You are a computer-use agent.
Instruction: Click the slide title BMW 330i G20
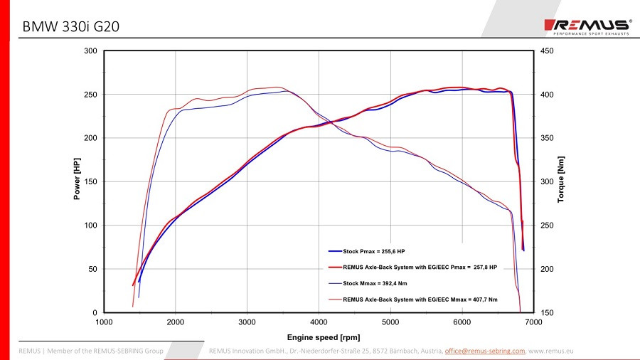coord(70,27)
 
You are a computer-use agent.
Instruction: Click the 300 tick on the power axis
coord(90,51)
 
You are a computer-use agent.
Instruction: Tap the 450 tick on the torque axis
coord(546,51)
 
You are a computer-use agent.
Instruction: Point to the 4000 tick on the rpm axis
coord(319,322)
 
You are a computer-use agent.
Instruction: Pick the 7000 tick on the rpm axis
coord(533,322)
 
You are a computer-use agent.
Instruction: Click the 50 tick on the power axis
coord(92,269)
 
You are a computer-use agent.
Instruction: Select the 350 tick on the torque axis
coord(546,138)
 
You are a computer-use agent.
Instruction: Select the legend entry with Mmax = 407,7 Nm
coord(420,300)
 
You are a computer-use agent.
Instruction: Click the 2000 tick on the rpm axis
coord(176,322)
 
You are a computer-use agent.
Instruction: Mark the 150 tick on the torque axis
coord(546,313)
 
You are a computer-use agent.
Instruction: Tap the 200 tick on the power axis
coord(90,138)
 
